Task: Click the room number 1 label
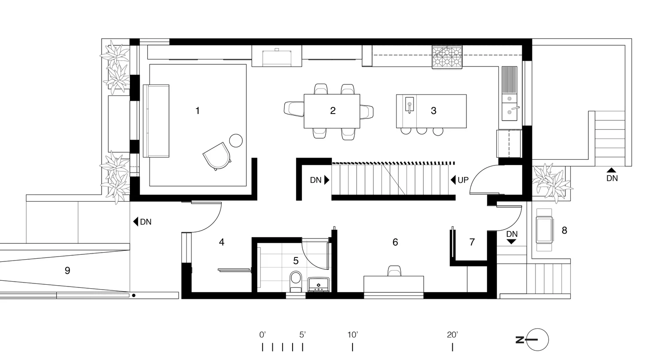coord(198,111)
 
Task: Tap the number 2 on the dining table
coord(333,111)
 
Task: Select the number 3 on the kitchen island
coord(433,111)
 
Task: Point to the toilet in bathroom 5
coord(296,280)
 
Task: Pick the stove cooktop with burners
coord(447,58)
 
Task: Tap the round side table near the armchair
coord(236,140)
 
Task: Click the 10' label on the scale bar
coord(352,335)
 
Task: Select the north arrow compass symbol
coord(537,340)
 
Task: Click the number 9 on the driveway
coord(67,271)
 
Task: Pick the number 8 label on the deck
coord(565,230)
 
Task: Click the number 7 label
coord(472,242)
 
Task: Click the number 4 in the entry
coord(222,242)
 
